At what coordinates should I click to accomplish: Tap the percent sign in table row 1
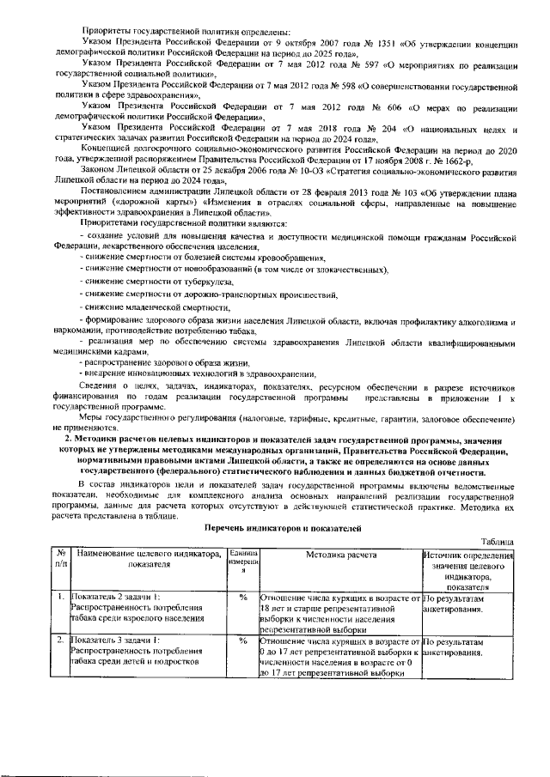click(243, 597)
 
